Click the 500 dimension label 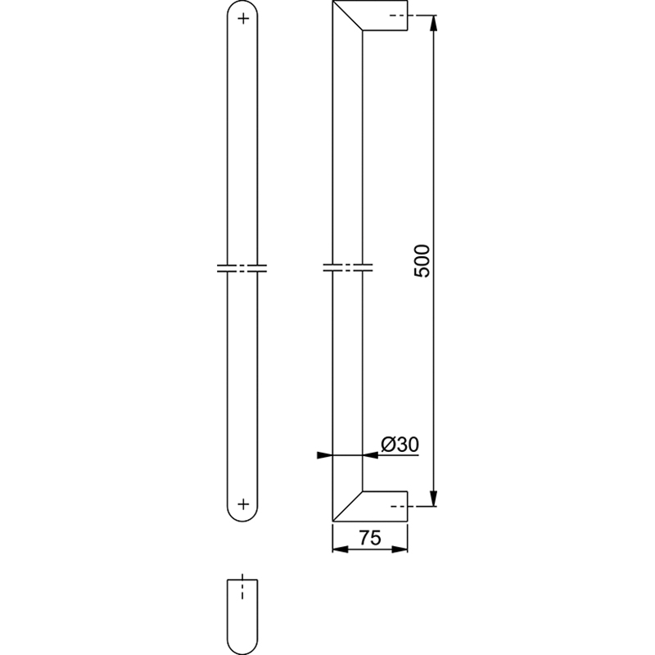[422, 261]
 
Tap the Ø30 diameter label [400, 445]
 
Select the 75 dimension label [370, 538]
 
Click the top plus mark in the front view [242, 18]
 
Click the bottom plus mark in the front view [243, 504]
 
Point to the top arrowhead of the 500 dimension [434, 23]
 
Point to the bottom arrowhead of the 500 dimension [434, 499]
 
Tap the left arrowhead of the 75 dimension [340, 549]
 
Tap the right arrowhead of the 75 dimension [400, 549]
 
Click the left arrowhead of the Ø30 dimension [324, 455]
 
